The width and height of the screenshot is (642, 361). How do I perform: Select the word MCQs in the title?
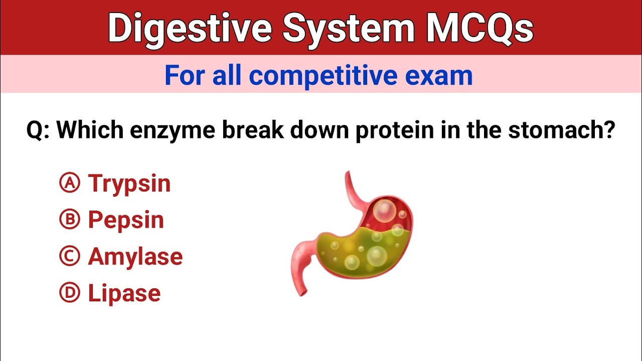click(479, 28)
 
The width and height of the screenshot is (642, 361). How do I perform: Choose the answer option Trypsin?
click(129, 184)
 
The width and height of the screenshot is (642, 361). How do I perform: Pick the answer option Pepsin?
click(126, 221)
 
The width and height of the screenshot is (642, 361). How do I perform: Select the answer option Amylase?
click(135, 257)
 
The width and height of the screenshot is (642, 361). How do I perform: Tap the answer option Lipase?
click(124, 294)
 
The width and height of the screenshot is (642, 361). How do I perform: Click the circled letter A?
click(70, 184)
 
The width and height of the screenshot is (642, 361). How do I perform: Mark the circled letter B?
click(70, 220)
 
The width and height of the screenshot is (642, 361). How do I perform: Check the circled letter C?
click(70, 257)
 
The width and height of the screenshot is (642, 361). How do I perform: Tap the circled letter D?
click(70, 293)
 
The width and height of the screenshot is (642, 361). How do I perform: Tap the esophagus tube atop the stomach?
click(352, 188)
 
